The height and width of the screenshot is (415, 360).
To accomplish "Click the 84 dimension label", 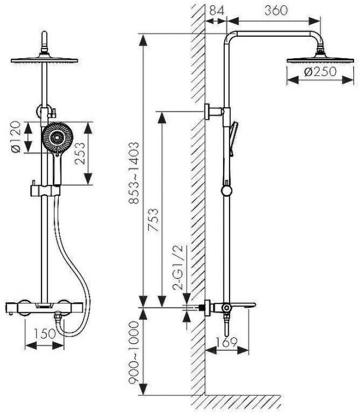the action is coord(216,11).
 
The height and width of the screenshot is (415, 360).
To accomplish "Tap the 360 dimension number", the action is coord(276,11).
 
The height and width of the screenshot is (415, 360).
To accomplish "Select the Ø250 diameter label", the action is coord(320,72).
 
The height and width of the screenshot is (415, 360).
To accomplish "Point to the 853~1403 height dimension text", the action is coord(134,173).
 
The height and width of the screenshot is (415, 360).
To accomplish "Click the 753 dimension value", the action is coord(154,220).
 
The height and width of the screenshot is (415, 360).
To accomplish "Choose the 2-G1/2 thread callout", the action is coord(178,268).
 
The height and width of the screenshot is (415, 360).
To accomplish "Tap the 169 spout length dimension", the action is coord(227,343).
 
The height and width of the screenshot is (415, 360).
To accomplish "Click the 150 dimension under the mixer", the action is coord(44,334).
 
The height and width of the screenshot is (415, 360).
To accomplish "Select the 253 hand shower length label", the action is coord(80,154).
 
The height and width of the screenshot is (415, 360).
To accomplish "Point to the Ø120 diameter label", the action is coord(16,137).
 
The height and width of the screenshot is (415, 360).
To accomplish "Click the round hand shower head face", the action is coord(58,137).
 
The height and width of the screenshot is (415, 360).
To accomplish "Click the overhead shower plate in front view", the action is coord(44,59).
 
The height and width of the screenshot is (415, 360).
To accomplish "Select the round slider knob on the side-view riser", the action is coord(227,191).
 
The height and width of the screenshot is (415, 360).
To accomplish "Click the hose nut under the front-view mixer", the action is coord(58,316).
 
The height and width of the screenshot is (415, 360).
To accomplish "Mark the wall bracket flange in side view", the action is coord(207,111).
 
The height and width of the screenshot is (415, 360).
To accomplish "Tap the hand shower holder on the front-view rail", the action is coord(45,190).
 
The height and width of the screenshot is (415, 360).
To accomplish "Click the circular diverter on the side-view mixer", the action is coord(227,308).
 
